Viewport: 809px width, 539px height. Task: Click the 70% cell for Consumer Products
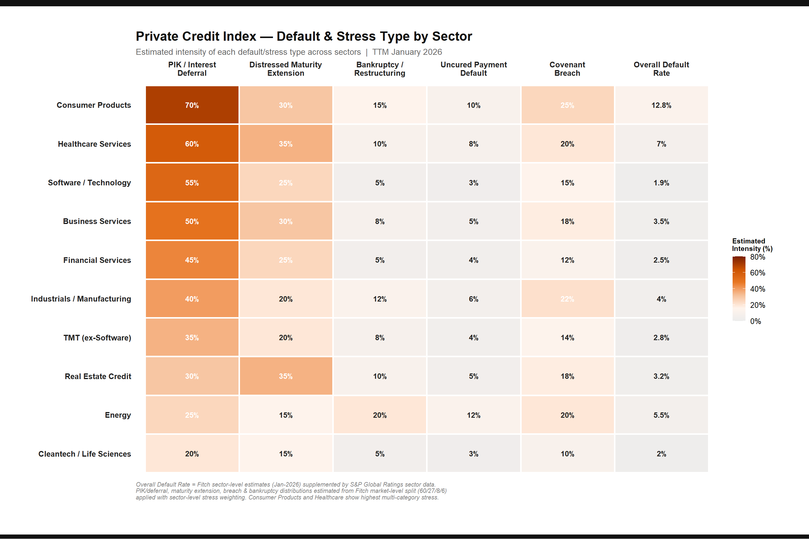(192, 105)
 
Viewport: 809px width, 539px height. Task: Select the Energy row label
(118, 415)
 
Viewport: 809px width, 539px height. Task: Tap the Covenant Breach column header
(567, 69)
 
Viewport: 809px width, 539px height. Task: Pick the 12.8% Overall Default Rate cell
(661, 105)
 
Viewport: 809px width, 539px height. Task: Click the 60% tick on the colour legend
(757, 273)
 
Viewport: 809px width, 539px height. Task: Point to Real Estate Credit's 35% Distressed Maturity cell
(286, 376)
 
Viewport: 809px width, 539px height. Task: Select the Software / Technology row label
(89, 183)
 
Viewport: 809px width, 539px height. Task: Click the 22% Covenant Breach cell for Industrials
(567, 299)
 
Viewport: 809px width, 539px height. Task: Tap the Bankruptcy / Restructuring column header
(379, 69)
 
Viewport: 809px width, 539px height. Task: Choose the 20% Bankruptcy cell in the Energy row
(379, 415)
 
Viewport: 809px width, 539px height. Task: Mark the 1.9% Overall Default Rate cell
(661, 183)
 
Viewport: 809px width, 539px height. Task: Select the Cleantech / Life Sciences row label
(84, 454)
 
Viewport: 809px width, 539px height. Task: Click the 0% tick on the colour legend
(755, 321)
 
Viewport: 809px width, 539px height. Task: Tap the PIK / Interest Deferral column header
(192, 69)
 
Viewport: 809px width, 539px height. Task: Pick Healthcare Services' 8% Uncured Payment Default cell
(473, 144)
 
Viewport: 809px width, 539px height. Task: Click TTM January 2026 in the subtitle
(407, 52)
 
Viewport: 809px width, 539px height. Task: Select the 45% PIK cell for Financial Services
(192, 260)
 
